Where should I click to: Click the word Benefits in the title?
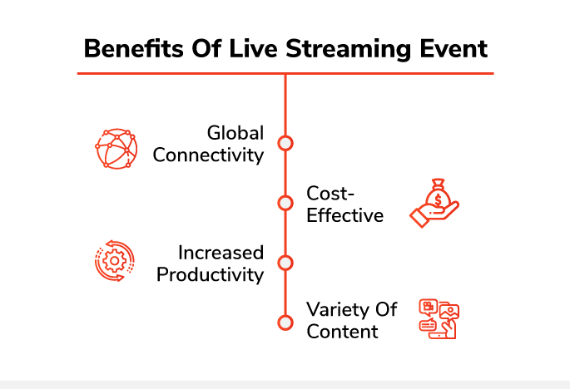133,48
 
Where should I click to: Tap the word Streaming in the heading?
349,49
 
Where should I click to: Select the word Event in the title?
454,48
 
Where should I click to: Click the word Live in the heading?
253,48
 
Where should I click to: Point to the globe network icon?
116,148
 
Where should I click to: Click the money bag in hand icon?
434,203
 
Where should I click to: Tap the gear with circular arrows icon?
115,261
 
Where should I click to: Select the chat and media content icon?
439,319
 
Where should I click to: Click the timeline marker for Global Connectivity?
285,143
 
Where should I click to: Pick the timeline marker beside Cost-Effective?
285,203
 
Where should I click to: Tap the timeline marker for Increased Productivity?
285,263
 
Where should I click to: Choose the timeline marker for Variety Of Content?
285,323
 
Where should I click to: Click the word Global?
235,133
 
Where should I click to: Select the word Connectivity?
208,155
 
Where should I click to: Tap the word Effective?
345,215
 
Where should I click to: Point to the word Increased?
221,253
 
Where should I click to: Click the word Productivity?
211,275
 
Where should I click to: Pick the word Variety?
336,310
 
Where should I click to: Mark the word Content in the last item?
342,332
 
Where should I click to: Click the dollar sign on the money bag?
438,199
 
